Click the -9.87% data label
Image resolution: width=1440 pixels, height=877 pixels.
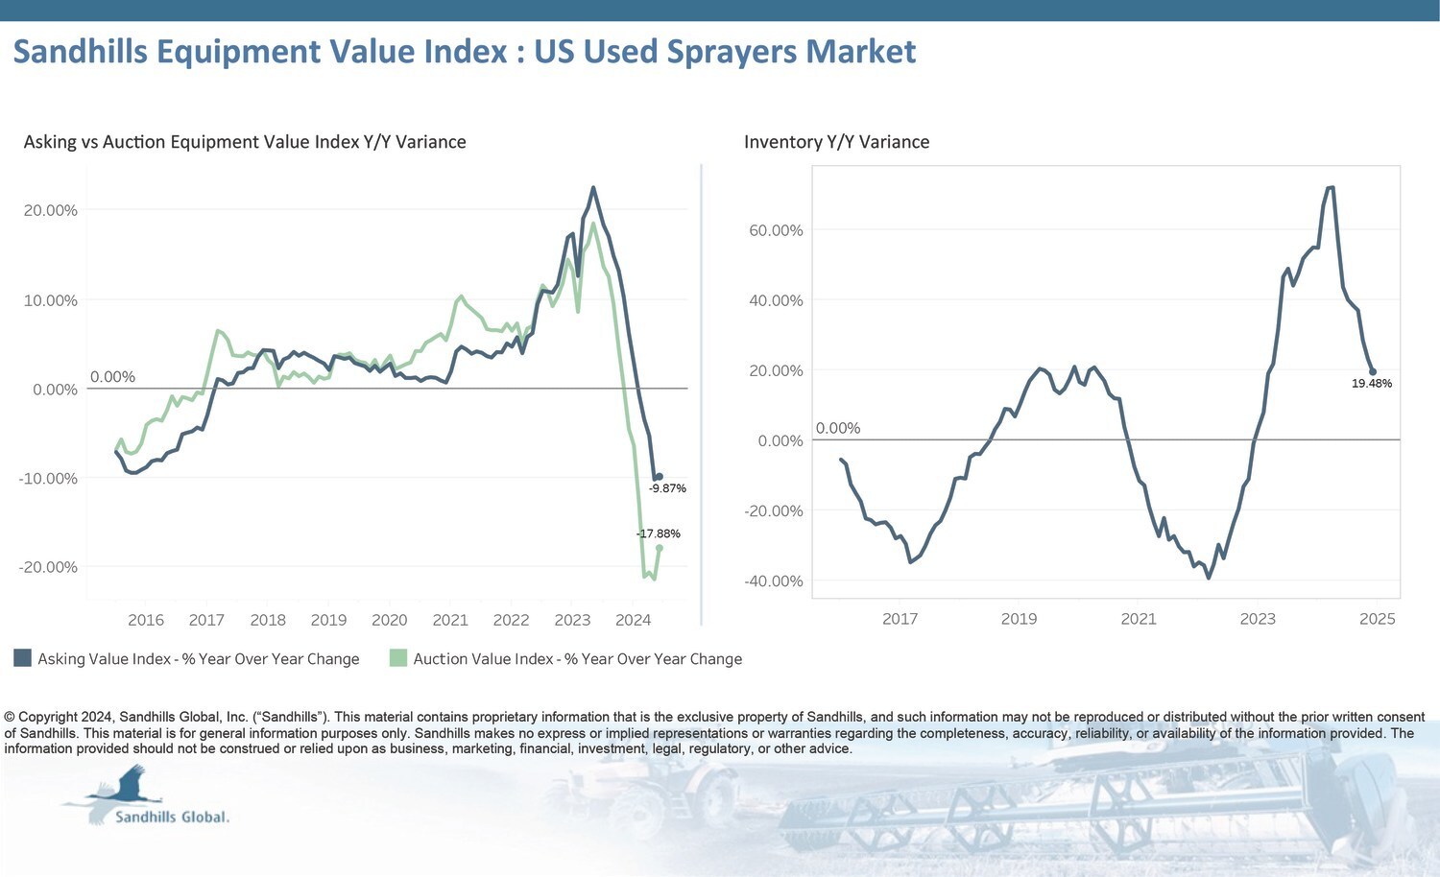pos(667,488)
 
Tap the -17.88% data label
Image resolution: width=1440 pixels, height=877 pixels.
pos(659,533)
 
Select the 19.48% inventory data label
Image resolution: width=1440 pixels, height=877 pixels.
pos(1372,384)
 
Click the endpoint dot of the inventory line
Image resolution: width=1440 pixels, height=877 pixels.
pos(1373,371)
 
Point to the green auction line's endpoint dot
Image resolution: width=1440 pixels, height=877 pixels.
pos(659,547)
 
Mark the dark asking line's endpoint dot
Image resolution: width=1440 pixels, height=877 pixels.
pos(659,476)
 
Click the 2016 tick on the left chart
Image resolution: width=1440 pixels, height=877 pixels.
pos(146,620)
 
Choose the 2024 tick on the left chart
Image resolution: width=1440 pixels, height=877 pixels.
pos(634,620)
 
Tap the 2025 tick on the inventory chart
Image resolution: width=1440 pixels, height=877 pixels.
pos(1377,619)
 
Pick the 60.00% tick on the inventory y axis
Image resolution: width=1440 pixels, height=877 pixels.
pos(776,230)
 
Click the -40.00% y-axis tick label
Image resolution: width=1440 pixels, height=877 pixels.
pos(774,581)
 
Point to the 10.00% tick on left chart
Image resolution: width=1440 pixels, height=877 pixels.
pos(50,300)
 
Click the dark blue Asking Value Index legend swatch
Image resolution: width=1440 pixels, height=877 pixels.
pos(22,658)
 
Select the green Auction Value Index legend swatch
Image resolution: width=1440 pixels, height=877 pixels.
pos(398,658)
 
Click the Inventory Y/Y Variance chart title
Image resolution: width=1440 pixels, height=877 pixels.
pos(836,142)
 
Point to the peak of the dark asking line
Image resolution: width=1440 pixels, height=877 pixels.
pos(592,188)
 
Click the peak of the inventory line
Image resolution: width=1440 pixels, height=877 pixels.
pos(1331,187)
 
